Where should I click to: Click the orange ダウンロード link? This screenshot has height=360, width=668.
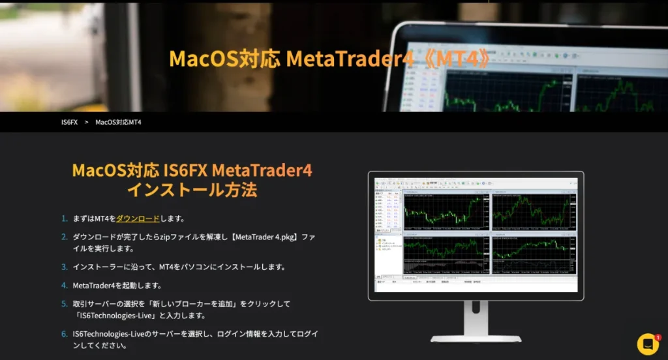point(138,218)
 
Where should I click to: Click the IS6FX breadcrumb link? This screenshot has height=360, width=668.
point(69,122)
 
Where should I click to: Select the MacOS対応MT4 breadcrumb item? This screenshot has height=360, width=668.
point(118,122)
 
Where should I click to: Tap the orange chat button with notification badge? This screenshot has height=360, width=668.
point(648,344)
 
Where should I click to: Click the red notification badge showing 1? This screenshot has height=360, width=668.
point(658,338)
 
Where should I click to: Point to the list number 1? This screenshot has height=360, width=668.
point(65,218)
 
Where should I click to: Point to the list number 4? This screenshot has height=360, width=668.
point(65,286)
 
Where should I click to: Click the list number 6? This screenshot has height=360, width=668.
point(65,334)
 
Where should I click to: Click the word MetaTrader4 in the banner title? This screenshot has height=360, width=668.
point(350,59)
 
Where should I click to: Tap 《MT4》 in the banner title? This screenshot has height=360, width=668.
point(455,59)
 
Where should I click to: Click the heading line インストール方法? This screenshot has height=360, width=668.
point(192,190)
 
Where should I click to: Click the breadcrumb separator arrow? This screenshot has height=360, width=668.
point(86,122)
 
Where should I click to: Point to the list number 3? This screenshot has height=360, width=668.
point(65,267)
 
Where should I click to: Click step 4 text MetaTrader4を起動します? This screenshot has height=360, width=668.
point(117,286)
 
